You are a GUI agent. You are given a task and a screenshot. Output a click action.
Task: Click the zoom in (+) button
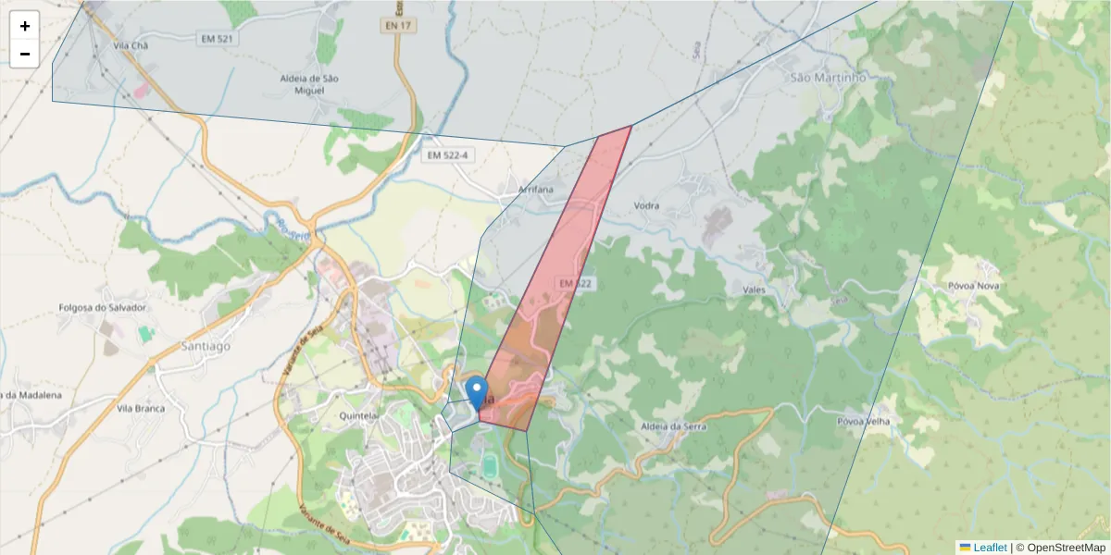[25, 26]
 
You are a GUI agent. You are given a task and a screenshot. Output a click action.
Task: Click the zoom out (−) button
[25, 54]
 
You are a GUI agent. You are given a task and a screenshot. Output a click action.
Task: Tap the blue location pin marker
[477, 392]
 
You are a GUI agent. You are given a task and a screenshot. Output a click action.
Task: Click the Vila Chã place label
[130, 44]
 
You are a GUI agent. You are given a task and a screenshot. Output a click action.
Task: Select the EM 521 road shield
[216, 39]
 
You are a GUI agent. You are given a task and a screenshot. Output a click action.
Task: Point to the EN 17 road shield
[397, 26]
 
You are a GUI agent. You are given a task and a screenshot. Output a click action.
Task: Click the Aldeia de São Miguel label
[309, 84]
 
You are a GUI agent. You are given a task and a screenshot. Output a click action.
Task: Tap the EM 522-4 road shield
[448, 155]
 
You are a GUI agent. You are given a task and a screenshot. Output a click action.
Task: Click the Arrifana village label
[536, 189]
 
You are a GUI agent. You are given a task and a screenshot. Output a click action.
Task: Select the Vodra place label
[646, 205]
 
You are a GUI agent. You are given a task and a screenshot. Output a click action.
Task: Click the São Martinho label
[828, 78]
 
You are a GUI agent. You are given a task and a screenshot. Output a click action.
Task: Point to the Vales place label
[754, 290]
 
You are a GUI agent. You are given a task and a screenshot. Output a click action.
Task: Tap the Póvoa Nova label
[973, 286]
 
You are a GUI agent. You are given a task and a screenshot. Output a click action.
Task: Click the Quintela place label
[358, 416]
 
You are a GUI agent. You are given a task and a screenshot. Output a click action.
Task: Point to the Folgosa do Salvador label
[103, 307]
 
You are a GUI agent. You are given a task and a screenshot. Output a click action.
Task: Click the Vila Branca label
[141, 408]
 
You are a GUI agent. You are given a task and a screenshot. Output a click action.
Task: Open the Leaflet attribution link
[990, 548]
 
